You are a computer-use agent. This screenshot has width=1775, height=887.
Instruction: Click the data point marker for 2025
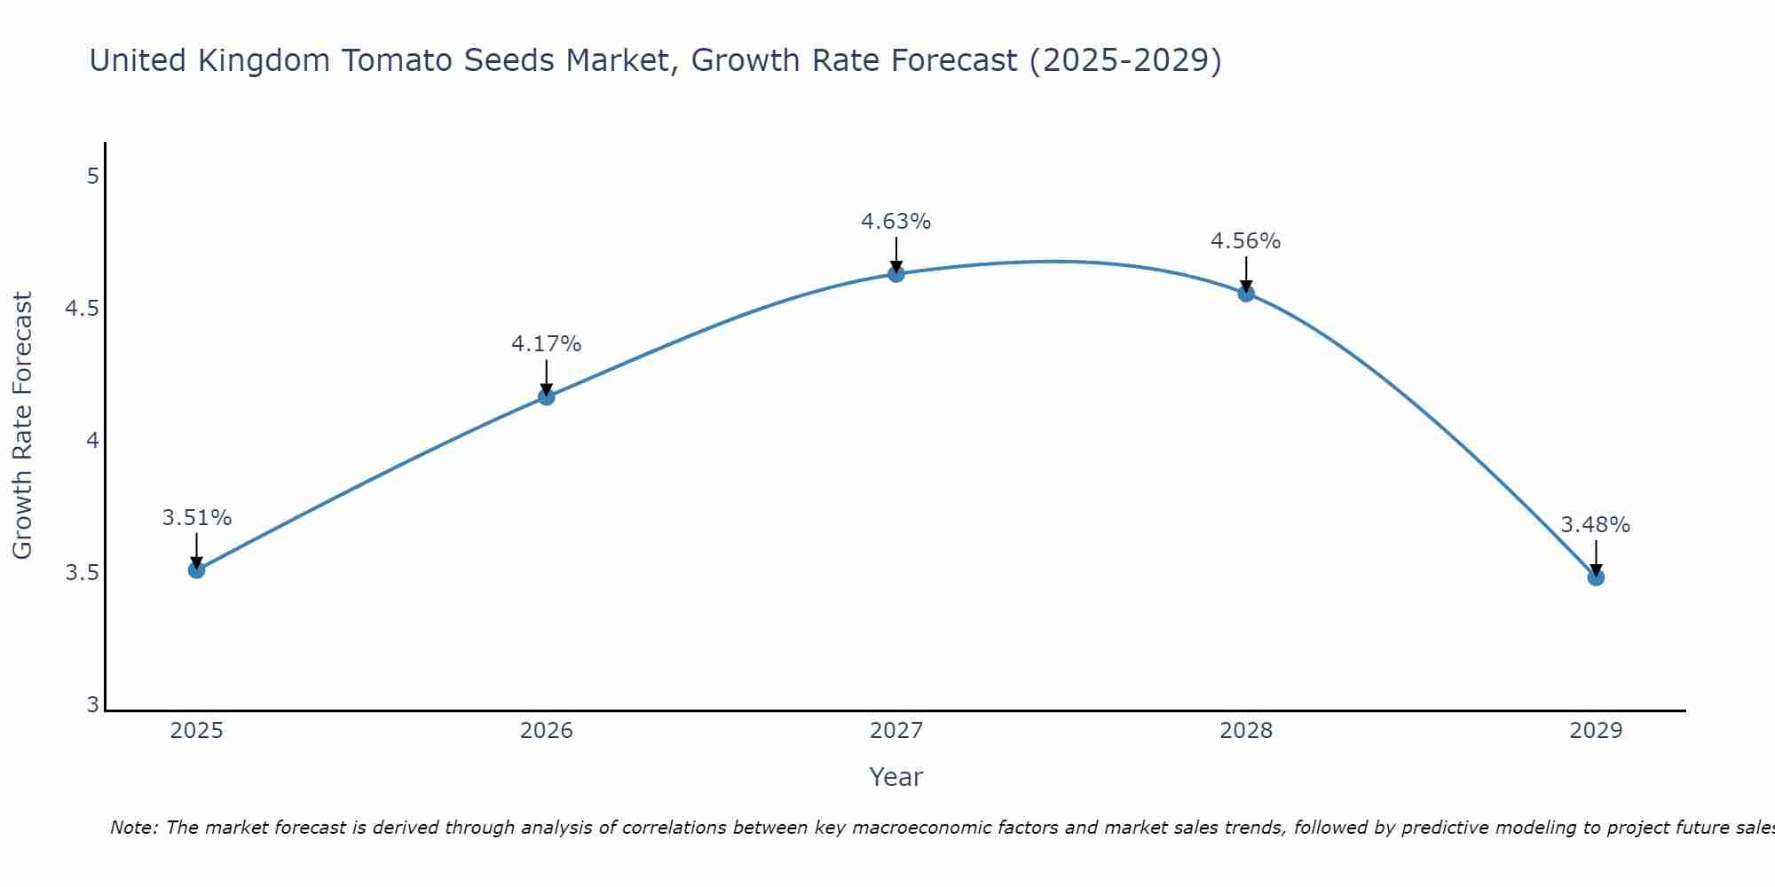coord(196,569)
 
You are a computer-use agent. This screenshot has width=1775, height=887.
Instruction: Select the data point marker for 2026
coord(547,396)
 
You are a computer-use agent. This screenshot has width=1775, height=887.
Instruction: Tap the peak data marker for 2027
coord(896,274)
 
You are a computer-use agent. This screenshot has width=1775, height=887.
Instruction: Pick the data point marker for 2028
coord(1246,294)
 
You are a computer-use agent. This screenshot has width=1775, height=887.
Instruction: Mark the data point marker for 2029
coord(1596,577)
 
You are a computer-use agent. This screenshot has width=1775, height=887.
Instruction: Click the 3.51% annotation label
coord(196,518)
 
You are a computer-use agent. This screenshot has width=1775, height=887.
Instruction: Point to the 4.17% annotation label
coord(547,344)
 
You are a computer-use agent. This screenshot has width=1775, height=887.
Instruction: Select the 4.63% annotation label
coord(896,222)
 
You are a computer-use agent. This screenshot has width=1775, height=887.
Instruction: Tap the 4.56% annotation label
coord(1246,241)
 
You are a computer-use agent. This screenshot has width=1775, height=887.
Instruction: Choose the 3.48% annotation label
coord(1596,525)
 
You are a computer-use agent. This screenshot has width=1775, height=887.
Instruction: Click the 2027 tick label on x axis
coord(896,731)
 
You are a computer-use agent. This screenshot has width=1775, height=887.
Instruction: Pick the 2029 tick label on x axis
coord(1596,731)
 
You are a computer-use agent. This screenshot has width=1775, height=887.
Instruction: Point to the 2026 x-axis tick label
coord(547,731)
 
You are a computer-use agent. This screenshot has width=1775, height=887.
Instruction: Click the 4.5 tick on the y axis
coord(82,309)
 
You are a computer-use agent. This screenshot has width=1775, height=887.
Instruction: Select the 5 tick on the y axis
coord(93,177)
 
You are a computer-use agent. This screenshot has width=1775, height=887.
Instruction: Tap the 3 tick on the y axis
coord(93,705)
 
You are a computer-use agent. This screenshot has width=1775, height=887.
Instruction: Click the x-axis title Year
coord(896,777)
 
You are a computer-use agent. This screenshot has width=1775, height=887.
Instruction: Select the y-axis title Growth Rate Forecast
coord(23,426)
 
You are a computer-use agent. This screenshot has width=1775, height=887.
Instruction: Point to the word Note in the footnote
coord(133,828)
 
